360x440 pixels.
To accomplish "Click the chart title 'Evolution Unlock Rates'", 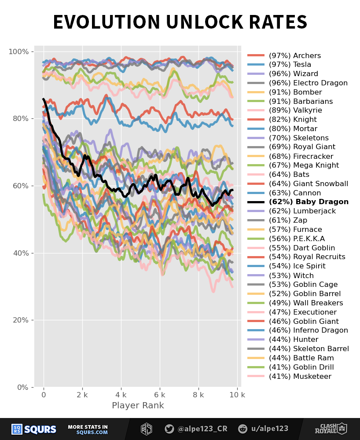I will point(180,22).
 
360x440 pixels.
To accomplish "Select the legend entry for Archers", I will point(294,55).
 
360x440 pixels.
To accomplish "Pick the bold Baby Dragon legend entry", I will point(309,202).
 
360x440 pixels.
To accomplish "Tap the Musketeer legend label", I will point(300,376).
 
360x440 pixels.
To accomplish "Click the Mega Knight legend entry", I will point(304,165).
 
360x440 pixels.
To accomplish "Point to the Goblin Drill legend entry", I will point(301,367).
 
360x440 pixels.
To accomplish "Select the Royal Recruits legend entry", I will point(307,257).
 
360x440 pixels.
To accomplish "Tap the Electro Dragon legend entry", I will point(308,83).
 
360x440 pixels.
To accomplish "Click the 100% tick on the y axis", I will point(18,51).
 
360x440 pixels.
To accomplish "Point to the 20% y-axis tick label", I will point(20,320).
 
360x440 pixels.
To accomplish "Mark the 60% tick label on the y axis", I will point(20,186).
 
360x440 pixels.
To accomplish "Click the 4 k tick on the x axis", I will point(121,395).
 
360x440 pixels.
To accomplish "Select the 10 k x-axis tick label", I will point(237,395).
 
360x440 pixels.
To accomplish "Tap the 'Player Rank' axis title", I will point(138,406).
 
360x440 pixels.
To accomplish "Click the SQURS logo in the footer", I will point(34,429).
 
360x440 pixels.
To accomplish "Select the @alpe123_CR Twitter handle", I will point(202,429).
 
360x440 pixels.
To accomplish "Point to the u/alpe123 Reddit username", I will point(268,429).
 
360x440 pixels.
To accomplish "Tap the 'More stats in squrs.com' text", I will point(88,429).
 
